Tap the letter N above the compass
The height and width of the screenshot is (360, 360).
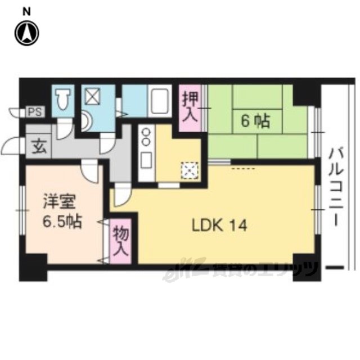[27, 12]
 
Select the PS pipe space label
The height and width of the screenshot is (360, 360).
[35, 112]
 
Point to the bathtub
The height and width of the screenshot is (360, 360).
[160, 101]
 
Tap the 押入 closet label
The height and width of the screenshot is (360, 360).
[190, 107]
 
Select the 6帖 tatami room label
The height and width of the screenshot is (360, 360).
[255, 121]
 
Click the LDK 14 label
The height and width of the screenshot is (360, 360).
[219, 225]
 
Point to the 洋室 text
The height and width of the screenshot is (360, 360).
[59, 201]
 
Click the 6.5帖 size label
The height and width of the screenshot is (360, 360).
[62, 222]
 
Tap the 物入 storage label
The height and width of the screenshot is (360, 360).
[121, 241]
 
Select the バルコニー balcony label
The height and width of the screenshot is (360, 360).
[336, 187]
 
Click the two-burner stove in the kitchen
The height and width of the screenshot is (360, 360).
[146, 137]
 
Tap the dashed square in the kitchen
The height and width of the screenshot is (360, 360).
[190, 170]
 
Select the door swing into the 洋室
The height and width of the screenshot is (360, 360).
[90, 172]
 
